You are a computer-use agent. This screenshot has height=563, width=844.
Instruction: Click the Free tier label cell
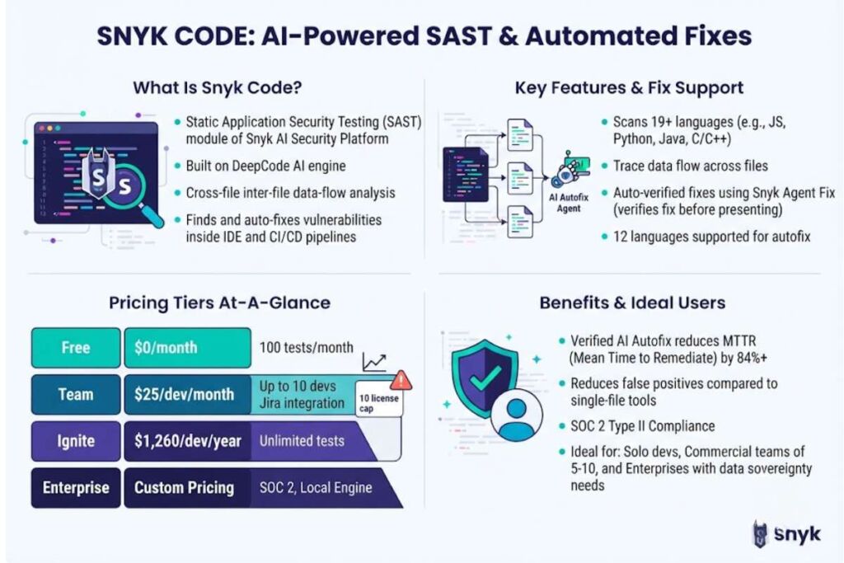(x=76, y=348)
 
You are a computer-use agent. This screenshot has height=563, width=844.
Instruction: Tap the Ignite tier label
(x=76, y=441)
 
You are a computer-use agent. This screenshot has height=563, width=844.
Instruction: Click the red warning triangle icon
(x=400, y=381)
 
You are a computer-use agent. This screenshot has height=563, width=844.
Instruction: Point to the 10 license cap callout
(x=379, y=403)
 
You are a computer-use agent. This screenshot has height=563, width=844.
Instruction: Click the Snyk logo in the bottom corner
(x=786, y=534)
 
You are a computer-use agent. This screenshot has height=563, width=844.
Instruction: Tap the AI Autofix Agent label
(x=569, y=203)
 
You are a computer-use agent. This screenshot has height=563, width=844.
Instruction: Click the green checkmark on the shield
(x=485, y=378)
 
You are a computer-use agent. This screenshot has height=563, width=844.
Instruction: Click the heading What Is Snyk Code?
(x=218, y=87)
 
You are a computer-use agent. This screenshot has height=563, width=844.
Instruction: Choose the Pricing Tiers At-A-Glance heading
(x=219, y=303)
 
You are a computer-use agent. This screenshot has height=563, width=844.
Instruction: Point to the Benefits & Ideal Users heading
(x=632, y=303)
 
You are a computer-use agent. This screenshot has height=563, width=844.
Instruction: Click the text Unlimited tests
(x=302, y=441)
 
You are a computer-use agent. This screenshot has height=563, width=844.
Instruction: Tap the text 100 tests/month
(x=307, y=348)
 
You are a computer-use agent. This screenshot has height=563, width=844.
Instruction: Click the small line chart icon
(x=374, y=362)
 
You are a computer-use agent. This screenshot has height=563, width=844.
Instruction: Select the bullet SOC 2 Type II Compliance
(x=643, y=426)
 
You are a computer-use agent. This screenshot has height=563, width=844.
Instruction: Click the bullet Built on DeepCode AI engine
(x=266, y=166)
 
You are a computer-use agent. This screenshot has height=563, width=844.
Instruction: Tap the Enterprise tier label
(x=76, y=488)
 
